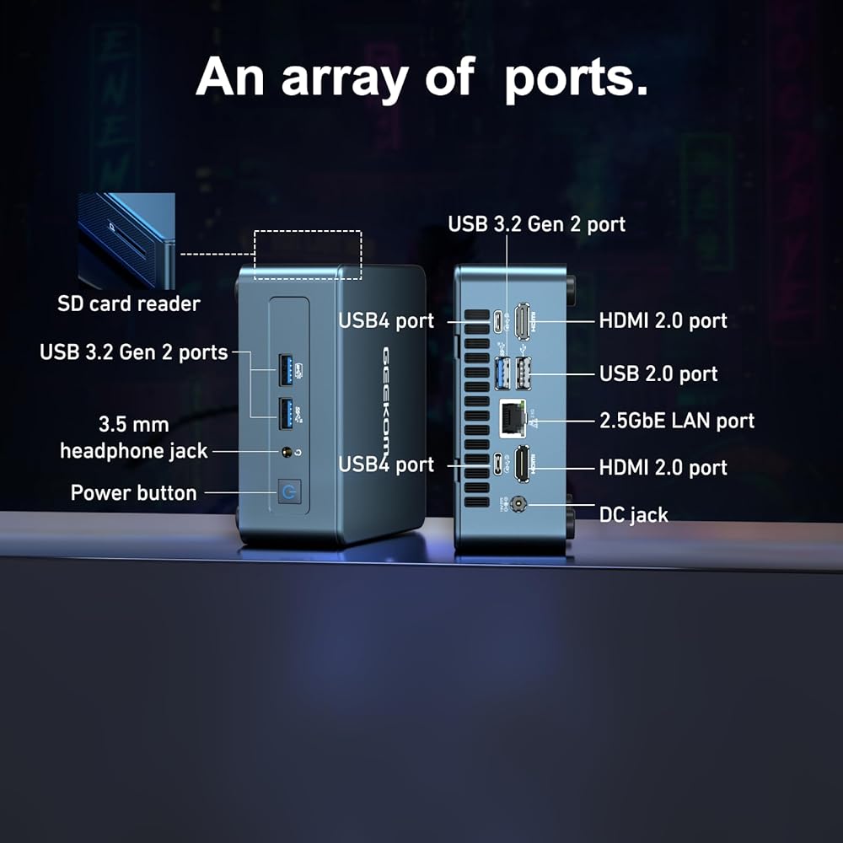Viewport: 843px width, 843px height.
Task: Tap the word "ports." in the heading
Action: (x=576, y=78)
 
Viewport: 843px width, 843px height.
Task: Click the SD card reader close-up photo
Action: (x=126, y=240)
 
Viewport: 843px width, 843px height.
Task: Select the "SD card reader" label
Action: (x=129, y=303)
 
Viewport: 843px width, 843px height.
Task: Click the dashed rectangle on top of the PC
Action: (x=308, y=254)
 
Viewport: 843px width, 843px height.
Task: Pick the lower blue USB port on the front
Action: (x=287, y=413)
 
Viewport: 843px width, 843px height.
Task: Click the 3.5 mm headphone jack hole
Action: (x=287, y=453)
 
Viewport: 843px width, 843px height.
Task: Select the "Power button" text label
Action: (x=133, y=493)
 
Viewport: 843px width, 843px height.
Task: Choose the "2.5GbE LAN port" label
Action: (x=677, y=421)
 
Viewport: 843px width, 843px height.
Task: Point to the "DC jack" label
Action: (x=633, y=514)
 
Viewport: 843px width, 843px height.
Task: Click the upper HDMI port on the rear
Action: (x=523, y=320)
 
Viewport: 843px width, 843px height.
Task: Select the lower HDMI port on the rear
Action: (x=523, y=464)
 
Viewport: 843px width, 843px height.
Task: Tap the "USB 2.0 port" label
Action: (x=658, y=373)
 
